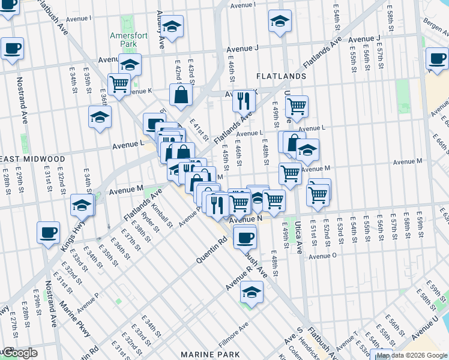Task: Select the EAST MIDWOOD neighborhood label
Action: [x=32, y=159]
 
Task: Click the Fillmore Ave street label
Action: [x=234, y=329]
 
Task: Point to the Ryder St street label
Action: [x=150, y=222]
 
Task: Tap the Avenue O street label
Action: [x=323, y=256]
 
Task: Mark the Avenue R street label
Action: [x=237, y=284]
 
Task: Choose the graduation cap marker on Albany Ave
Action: [x=172, y=28]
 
